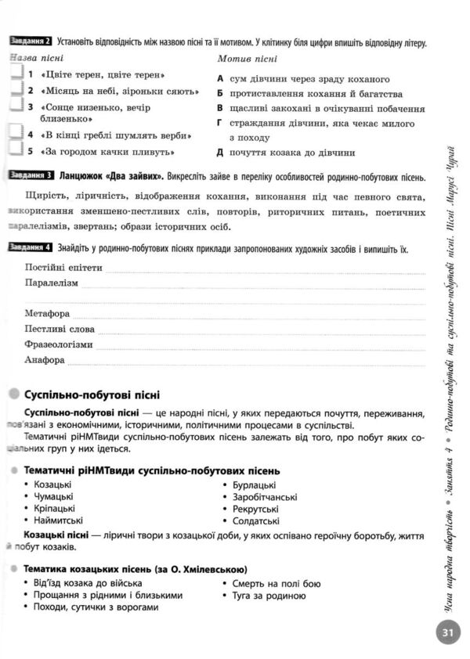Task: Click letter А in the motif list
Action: pyautogui.click(x=221, y=79)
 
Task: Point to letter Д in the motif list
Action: pyautogui.click(x=221, y=153)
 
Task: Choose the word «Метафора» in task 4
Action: pyautogui.click(x=47, y=314)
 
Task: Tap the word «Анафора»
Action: pyautogui.click(x=45, y=360)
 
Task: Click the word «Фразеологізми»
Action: pyautogui.click(x=59, y=344)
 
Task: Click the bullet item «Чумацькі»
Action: pyautogui.click(x=53, y=496)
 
